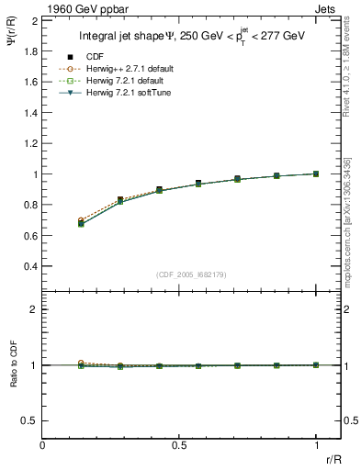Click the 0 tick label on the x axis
pos(43,445)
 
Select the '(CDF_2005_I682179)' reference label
pos(191,274)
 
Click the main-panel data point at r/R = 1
pos(316,173)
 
